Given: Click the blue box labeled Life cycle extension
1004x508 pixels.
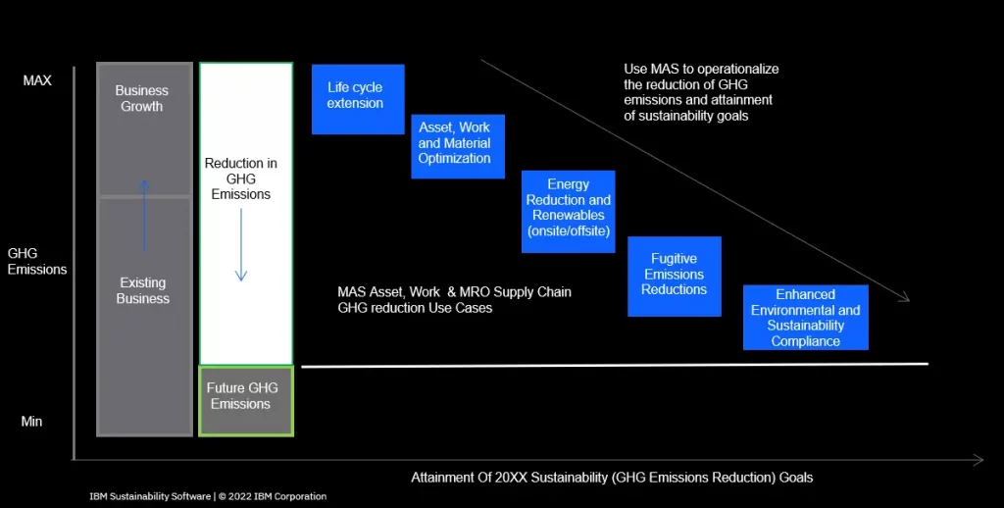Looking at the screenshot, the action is [x=358, y=99].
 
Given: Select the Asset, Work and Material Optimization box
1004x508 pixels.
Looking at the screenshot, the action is [x=458, y=147].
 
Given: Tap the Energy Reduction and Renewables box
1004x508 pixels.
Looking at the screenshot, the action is [x=569, y=212].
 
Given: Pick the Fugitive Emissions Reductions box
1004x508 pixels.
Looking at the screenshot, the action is [x=675, y=277].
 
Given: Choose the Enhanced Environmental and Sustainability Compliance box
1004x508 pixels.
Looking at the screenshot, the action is [x=806, y=318].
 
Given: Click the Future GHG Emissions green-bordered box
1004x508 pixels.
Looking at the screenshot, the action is [x=246, y=401].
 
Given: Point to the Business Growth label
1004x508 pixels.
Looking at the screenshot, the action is [x=142, y=99].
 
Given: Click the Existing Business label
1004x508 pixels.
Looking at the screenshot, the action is [x=143, y=291].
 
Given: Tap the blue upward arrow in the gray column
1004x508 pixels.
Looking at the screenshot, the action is [x=144, y=215].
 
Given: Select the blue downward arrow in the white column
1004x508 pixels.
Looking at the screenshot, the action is [x=241, y=245].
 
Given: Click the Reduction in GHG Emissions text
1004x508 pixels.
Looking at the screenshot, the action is [x=241, y=178].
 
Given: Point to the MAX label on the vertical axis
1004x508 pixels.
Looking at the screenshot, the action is [x=37, y=80].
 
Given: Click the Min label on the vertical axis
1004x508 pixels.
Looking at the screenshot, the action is [x=32, y=422].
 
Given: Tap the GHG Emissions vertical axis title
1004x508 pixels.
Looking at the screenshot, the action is [x=37, y=262].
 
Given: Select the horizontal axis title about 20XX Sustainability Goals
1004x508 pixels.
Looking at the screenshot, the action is [x=612, y=478].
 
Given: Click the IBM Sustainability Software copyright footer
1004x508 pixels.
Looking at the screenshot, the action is [x=208, y=496].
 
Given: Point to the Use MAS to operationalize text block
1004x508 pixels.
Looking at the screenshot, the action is [x=701, y=92].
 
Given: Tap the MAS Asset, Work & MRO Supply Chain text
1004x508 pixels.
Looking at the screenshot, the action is [x=455, y=300].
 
